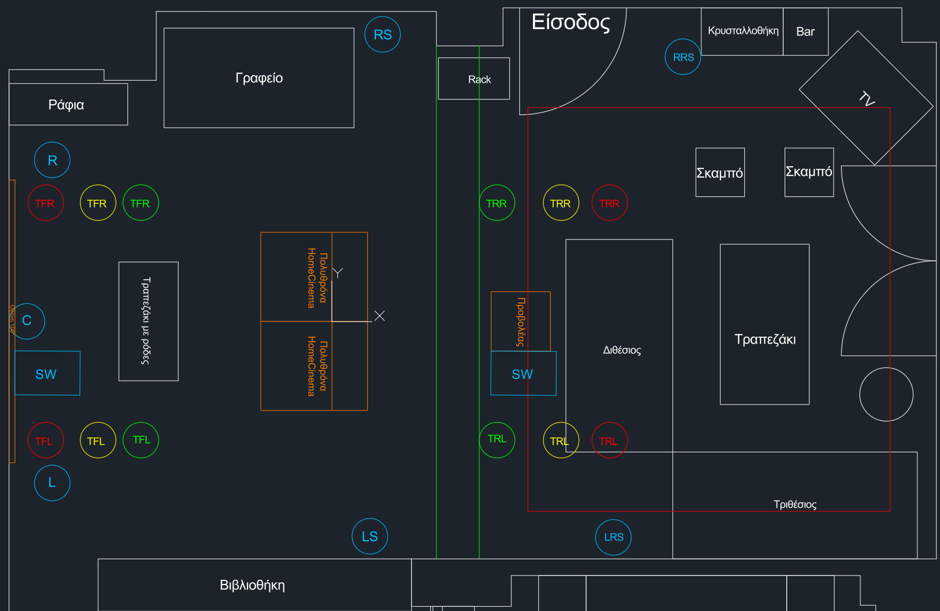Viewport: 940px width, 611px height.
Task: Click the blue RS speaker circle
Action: click(x=382, y=34)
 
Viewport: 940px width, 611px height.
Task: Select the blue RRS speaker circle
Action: click(x=683, y=57)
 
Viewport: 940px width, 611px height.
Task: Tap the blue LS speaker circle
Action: click(x=369, y=536)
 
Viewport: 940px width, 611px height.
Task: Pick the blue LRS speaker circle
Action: click(x=614, y=537)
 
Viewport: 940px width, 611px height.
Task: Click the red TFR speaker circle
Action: click(x=46, y=203)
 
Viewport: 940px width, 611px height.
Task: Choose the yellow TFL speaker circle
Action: click(x=97, y=441)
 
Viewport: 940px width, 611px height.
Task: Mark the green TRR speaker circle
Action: click(x=497, y=203)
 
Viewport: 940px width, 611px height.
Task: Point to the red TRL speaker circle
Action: click(x=609, y=441)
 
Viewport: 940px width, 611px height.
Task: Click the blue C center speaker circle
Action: click(x=27, y=321)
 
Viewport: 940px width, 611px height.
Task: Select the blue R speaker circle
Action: click(x=52, y=160)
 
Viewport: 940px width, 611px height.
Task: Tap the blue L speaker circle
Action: click(x=52, y=483)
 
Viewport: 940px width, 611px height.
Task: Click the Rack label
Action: click(x=479, y=80)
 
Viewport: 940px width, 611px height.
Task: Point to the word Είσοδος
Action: click(x=571, y=22)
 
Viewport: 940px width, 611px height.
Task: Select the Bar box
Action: click(x=805, y=32)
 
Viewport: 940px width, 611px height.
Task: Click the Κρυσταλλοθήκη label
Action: click(x=743, y=31)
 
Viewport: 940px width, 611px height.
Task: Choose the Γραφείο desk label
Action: click(x=259, y=78)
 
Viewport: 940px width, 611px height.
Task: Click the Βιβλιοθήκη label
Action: click(x=252, y=585)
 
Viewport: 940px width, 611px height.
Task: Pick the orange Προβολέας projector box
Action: click(x=521, y=322)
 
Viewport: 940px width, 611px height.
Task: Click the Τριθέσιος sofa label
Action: click(x=795, y=505)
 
